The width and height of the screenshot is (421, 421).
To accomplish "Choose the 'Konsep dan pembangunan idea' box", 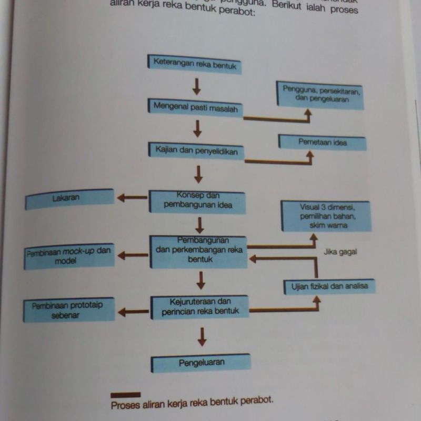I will coord(198,201).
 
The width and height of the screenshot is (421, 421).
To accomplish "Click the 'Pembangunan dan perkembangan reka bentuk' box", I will coord(199,251).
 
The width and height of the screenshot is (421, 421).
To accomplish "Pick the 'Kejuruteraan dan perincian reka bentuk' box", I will coord(200,307).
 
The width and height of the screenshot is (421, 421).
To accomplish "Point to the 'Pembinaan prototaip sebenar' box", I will coord(68,309).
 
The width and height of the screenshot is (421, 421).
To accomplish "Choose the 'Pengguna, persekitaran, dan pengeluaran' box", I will coord(321,95).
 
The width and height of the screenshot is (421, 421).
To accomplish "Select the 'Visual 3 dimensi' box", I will coord(325,216).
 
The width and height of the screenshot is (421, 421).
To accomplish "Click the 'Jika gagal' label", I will coord(340,252).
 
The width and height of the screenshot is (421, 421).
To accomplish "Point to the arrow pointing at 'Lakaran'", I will coord(132,198).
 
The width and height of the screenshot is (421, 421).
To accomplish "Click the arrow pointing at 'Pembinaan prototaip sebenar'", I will coord(133,312).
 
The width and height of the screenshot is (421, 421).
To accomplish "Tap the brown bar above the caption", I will coord(126,394).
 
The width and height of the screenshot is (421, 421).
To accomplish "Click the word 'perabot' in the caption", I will coord(256,401).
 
